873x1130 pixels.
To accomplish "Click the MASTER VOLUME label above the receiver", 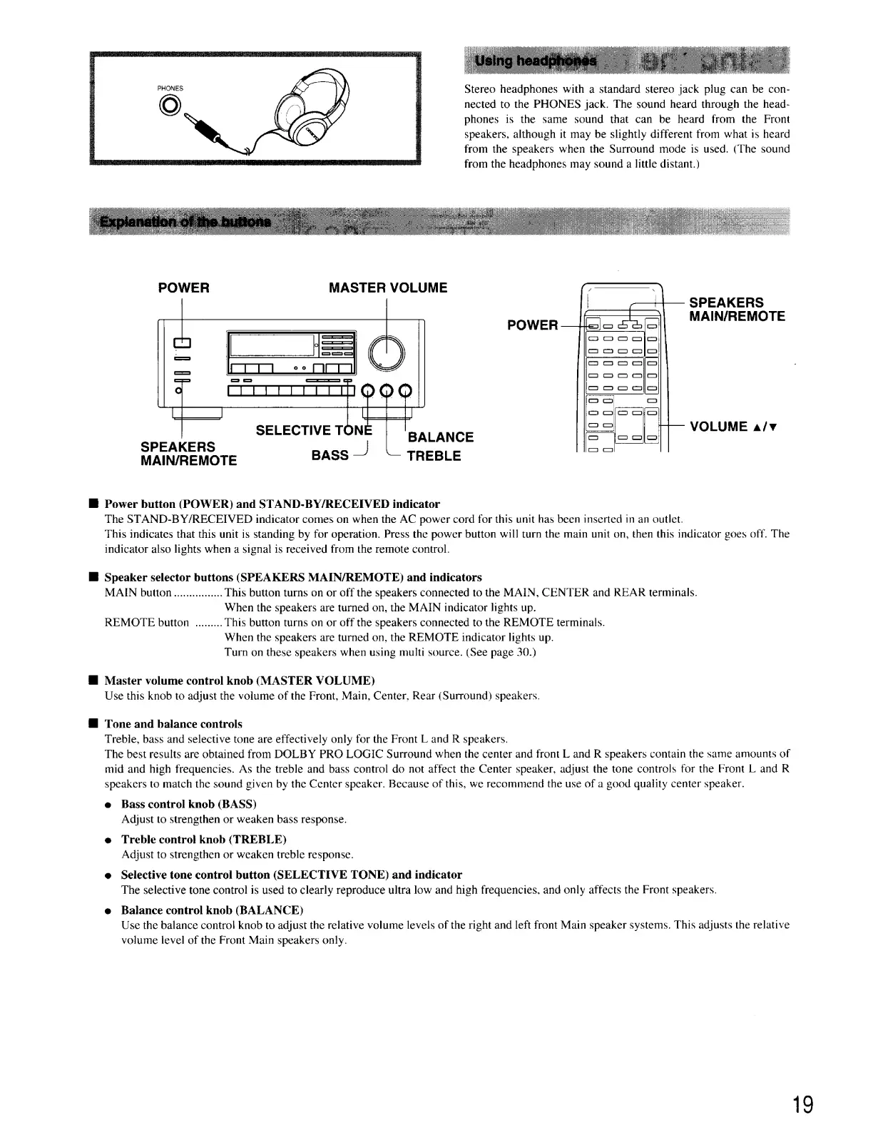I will (388, 287).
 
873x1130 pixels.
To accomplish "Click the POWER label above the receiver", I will (183, 287).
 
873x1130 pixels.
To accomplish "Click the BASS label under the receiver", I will (330, 455).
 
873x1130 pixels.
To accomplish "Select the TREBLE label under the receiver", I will (434, 456).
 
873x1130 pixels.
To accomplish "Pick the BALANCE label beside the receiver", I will (441, 437).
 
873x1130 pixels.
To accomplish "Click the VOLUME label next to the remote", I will (733, 427).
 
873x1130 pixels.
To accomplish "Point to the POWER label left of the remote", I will (532, 325).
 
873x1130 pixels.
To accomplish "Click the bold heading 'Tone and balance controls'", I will (173, 723).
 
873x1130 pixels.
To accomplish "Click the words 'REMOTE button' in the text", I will (147, 623).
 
